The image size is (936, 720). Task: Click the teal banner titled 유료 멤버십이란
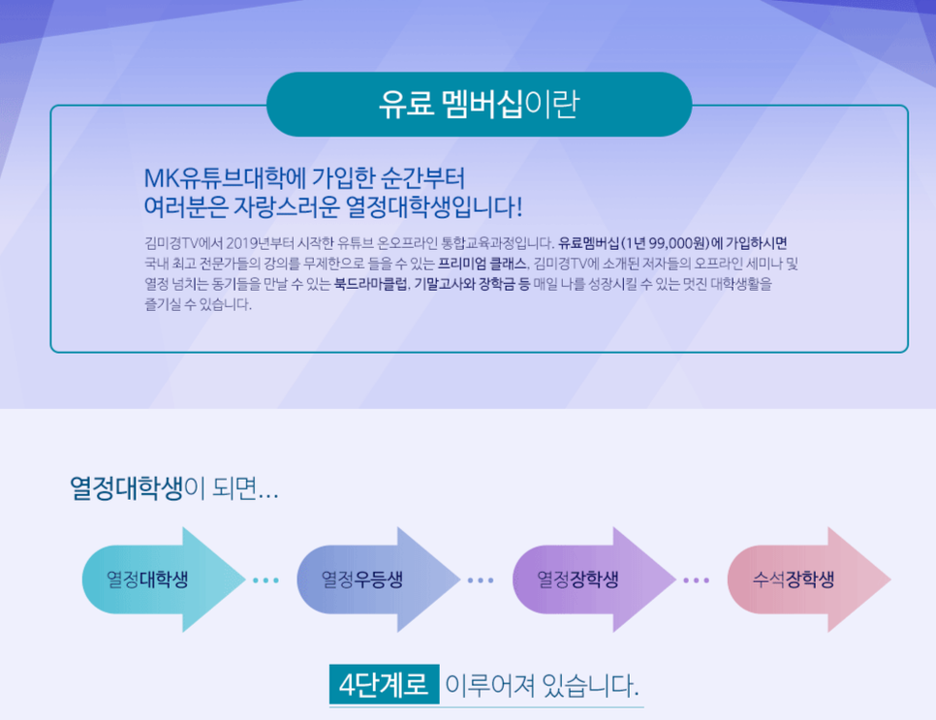pos(479,104)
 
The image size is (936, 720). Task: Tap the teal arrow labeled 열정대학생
pos(164,579)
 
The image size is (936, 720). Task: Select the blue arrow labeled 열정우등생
pos(379,579)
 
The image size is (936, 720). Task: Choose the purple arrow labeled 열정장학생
pos(594,579)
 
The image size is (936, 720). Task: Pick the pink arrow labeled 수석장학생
pos(809,579)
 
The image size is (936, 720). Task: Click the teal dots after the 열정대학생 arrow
pos(265,580)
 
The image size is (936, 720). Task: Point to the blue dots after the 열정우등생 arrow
pos(481,580)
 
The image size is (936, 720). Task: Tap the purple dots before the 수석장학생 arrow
pos(696,580)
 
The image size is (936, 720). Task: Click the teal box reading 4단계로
pos(384,684)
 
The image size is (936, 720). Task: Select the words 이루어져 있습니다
pos(542,685)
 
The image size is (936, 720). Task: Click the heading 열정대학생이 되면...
pos(173,489)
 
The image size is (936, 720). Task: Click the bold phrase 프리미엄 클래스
pos(483,264)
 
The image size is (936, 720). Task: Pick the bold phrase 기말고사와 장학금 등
pos(472,284)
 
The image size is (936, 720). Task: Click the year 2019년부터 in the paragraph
pos(260,243)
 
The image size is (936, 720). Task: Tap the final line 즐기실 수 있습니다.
pos(199,304)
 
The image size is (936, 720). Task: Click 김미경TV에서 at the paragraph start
pos(183,243)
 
